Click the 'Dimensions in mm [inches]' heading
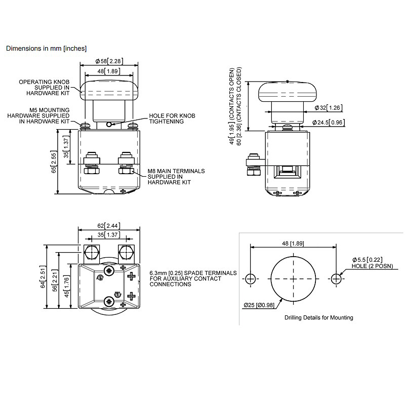[x=46, y=49]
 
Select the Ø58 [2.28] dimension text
[x=109, y=61]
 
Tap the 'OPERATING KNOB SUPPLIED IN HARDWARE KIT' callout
[x=45, y=88]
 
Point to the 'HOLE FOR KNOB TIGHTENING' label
[x=172, y=118]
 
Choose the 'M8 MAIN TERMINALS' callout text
[x=176, y=171]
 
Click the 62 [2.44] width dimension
[x=109, y=225]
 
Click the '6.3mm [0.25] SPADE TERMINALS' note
[x=193, y=278]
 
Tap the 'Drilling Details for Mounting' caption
[x=319, y=317]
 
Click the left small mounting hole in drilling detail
[x=251, y=278]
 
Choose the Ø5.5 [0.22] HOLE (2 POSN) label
[x=370, y=263]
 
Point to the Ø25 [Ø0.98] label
[x=258, y=305]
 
